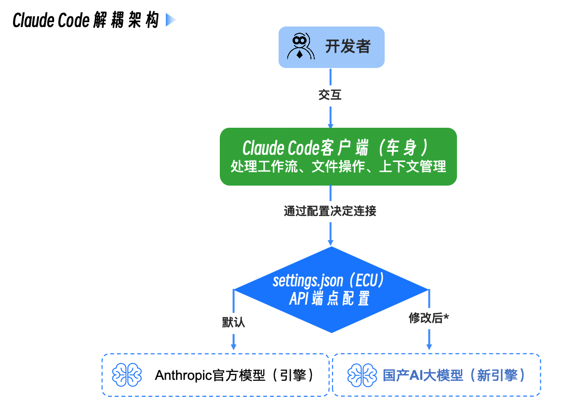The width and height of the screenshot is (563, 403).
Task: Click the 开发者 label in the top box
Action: click(x=348, y=47)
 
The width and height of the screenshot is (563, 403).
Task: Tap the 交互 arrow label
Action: click(x=330, y=95)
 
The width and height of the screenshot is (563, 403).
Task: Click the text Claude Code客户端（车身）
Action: click(x=336, y=148)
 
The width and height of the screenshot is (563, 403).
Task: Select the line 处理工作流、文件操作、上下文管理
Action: click(x=338, y=167)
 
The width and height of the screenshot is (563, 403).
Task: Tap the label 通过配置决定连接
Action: click(x=330, y=211)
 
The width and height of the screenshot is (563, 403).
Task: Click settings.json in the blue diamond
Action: click(x=308, y=281)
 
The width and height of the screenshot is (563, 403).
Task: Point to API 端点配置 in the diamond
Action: click(x=330, y=299)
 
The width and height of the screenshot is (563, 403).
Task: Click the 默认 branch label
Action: click(x=233, y=322)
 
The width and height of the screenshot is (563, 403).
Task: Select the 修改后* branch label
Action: click(x=429, y=318)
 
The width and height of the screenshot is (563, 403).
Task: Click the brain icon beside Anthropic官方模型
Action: click(x=126, y=375)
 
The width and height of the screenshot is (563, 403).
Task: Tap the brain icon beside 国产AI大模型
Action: click(x=362, y=375)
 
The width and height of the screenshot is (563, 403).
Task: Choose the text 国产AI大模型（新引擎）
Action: click(x=454, y=375)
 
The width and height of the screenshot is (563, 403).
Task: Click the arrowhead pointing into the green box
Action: click(x=330, y=124)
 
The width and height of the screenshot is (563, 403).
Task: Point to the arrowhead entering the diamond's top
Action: click(x=331, y=242)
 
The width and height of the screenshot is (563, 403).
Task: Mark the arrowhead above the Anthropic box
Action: click(x=234, y=346)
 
